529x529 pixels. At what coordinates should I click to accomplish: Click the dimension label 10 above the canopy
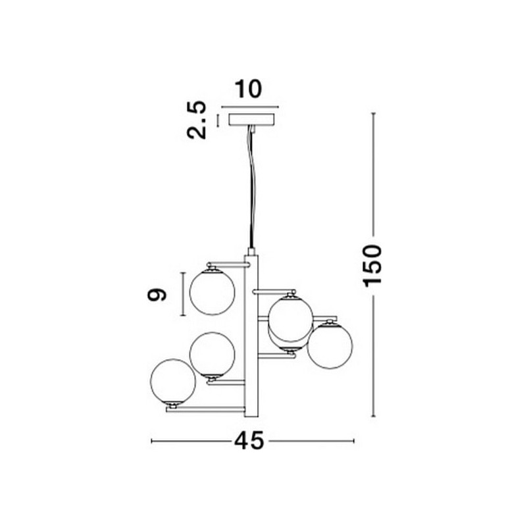click(248, 89)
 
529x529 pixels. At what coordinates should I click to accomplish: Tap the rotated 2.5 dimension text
click(196, 120)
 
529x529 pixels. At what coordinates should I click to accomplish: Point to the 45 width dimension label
click(249, 441)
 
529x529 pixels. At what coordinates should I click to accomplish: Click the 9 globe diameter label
click(157, 295)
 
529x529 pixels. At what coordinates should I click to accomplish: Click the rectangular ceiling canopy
click(252, 120)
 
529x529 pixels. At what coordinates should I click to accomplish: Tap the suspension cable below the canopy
click(252, 187)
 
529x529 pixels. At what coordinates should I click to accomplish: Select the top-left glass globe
click(212, 292)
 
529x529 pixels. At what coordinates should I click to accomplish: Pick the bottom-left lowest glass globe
click(173, 381)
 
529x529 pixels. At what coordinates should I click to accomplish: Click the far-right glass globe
click(330, 345)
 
